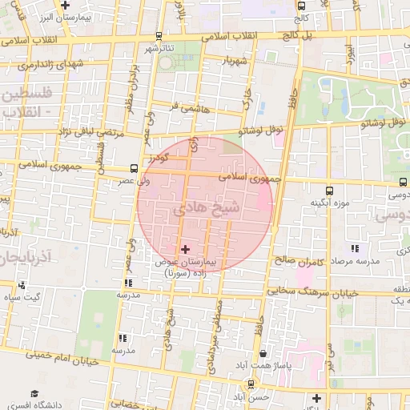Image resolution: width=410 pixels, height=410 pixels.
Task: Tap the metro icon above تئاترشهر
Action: [159, 35]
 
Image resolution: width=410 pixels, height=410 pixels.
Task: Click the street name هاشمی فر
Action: [191, 106]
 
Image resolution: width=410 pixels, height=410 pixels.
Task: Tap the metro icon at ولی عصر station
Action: [133, 168]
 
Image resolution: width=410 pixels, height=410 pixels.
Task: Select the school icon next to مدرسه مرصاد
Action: [356, 248]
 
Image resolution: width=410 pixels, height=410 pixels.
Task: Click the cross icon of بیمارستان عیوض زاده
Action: [186, 250]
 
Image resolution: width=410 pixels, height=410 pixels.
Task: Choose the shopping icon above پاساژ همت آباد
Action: [263, 353]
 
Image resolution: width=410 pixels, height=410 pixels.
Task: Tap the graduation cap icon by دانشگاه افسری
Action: [34, 393]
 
